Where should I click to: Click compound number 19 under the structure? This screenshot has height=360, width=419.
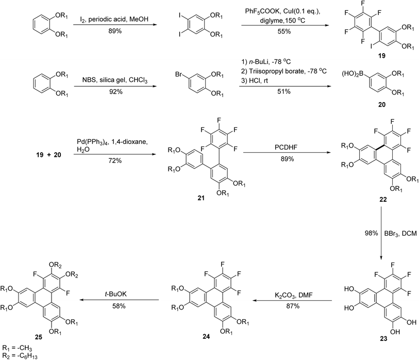point(381,56)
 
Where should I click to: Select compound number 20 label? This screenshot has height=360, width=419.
point(381,104)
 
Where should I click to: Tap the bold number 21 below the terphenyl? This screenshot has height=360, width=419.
point(201,198)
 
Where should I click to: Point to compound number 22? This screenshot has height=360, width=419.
point(383,200)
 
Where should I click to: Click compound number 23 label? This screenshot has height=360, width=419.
point(383,339)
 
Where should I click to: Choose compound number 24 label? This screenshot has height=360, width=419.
point(206,336)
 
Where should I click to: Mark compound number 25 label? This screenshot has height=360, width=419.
point(39,337)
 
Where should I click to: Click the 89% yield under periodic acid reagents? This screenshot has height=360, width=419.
point(115,31)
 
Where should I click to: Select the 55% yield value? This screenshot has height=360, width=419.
point(284,31)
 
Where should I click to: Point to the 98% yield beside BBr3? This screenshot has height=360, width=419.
point(371,233)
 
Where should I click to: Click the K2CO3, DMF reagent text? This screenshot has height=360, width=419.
point(293,296)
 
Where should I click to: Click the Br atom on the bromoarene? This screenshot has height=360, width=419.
point(178,74)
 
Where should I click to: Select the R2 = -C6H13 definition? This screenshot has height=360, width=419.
point(20,356)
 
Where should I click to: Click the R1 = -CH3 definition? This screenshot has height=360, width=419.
point(17,348)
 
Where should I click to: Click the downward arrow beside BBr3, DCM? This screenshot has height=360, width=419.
point(381,233)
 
